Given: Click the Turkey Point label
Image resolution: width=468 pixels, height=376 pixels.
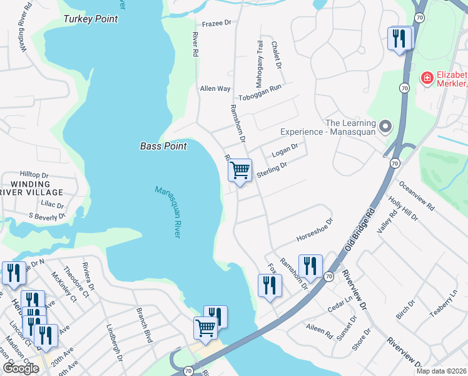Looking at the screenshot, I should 90,19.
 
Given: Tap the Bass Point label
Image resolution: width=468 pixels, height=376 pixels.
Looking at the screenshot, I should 163,147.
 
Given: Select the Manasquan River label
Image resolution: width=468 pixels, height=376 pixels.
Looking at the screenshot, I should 167,211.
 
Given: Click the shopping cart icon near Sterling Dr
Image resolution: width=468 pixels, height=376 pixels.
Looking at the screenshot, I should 240,170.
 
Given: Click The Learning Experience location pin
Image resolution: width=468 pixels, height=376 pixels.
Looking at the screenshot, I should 386,127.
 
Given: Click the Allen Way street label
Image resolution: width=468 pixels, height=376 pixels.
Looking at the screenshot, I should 215,89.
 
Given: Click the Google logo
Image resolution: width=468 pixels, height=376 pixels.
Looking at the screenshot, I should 20,368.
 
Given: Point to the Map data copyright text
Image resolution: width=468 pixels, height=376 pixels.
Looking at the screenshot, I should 442,371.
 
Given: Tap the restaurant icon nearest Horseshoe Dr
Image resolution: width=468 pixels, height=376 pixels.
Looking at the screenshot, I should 310,266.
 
